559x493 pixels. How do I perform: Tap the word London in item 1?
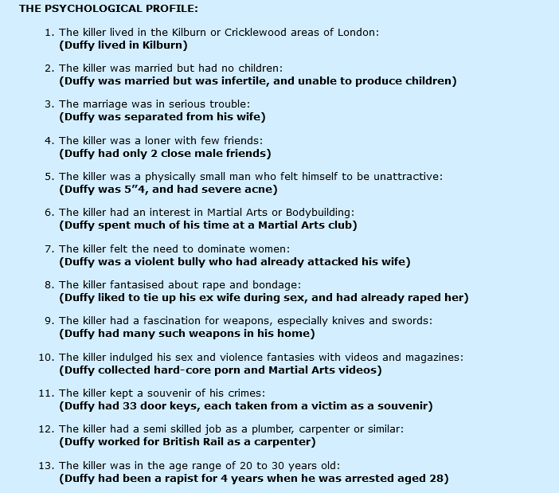click(358, 33)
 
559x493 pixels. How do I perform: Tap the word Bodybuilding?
click(315, 213)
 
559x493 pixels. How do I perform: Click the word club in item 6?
click(344, 225)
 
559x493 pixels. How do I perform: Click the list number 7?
click(49, 249)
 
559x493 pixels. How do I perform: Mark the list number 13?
click(45, 466)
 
